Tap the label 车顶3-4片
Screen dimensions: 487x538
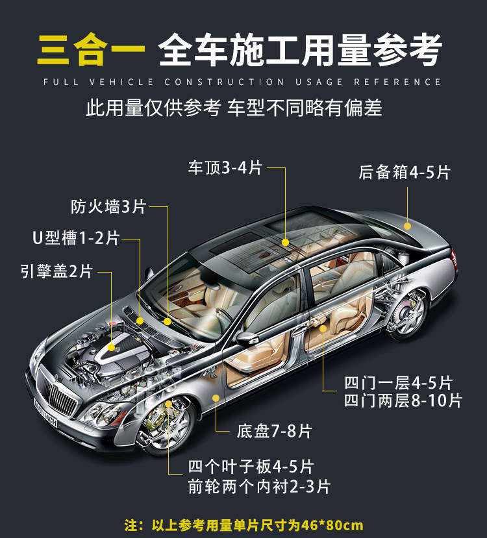pyautogui.click(x=225, y=167)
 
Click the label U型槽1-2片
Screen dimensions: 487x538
pyautogui.click(x=76, y=238)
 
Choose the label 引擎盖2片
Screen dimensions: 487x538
pyautogui.click(x=56, y=271)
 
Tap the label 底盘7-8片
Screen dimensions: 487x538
pyautogui.click(x=275, y=430)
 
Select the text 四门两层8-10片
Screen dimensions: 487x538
pyautogui.click(x=403, y=400)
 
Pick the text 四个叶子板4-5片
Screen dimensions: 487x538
pyautogui.click(x=251, y=467)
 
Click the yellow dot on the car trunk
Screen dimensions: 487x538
pyautogui.click(x=408, y=226)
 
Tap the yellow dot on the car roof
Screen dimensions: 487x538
pyautogui.click(x=285, y=242)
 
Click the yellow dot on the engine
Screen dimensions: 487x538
pyautogui.click(x=111, y=348)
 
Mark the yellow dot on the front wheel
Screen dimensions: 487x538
pyautogui.click(x=169, y=404)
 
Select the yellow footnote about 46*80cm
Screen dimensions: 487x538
pyautogui.click(x=243, y=525)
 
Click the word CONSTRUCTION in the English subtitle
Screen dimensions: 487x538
pyautogui.click(x=225, y=82)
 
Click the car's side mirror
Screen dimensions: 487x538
pyautogui.click(x=247, y=337)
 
